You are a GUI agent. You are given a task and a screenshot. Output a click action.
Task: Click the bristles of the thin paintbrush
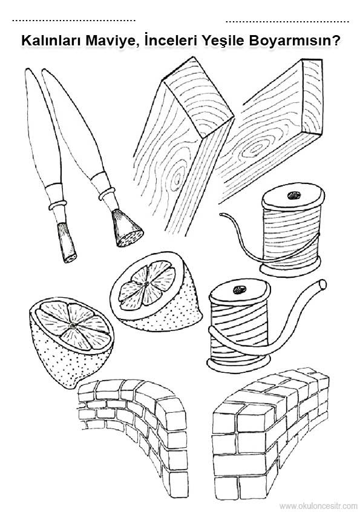tap(68, 243)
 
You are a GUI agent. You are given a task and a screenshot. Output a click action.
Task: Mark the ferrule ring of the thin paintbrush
tap(57, 205)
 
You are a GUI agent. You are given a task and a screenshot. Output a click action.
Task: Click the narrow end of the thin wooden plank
tap(312, 96)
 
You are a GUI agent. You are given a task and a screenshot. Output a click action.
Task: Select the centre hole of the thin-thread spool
tap(293, 195)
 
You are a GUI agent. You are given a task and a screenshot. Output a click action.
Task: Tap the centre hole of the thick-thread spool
tap(239, 289)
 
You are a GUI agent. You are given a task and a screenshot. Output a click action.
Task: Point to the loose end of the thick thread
tap(322, 284)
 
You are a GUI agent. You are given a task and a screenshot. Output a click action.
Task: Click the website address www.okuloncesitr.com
tap(318, 506)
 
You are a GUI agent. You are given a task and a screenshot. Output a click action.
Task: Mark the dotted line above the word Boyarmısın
tap(287, 22)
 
